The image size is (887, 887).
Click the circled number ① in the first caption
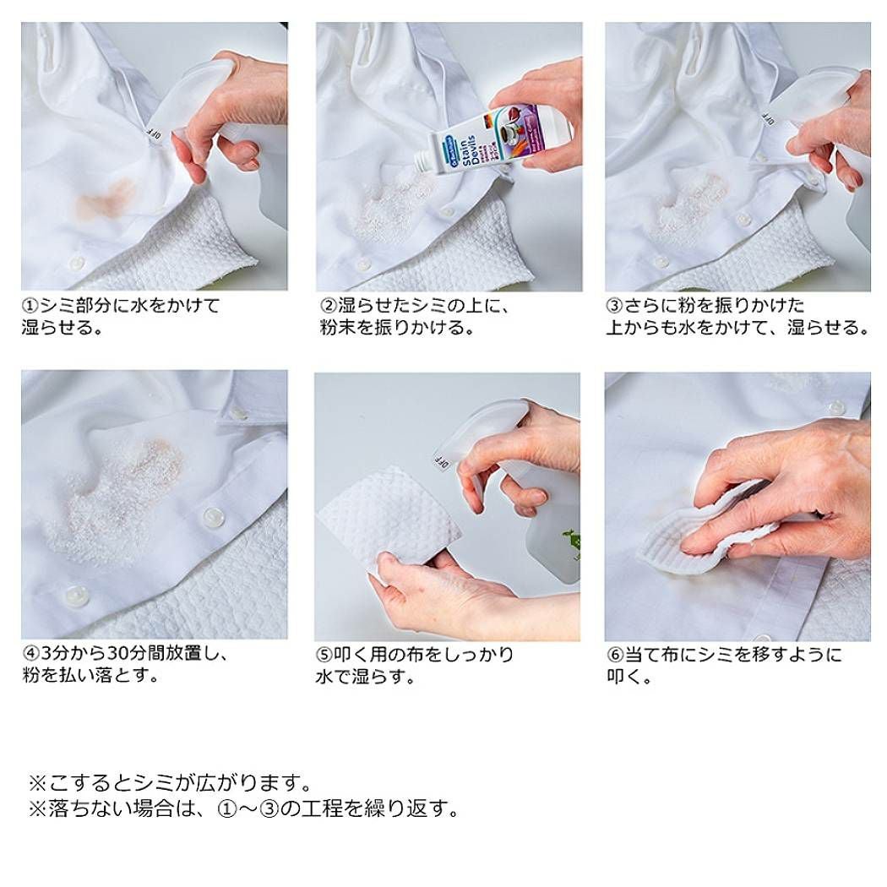coord(30,306)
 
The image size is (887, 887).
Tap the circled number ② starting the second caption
coord(329,306)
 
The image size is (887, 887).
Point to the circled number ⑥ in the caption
coord(615,655)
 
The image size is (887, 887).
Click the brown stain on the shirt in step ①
coord(106,199)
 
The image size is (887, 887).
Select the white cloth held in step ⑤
coord(390,520)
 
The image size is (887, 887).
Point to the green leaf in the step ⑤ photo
coord(571,541)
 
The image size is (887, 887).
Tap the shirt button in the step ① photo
coord(76,263)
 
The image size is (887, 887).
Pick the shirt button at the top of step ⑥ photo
coord(835,406)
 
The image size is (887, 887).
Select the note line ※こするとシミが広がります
coord(171,783)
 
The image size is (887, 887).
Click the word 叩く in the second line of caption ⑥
coord(624,677)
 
